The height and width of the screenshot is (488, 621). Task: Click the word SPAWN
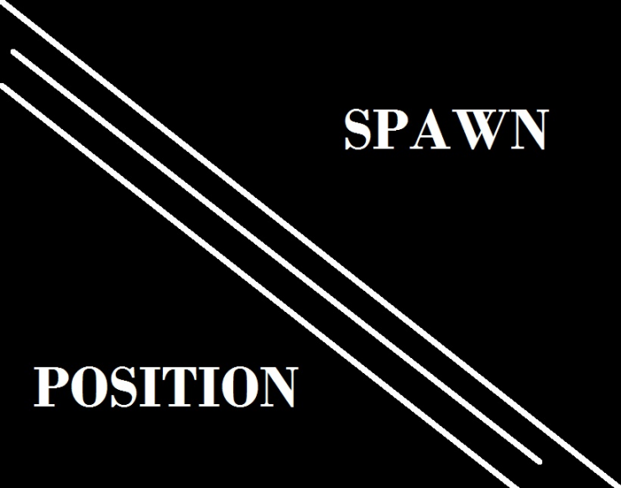(446, 130)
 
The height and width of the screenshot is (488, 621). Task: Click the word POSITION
(165, 387)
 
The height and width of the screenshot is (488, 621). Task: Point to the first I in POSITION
(145, 387)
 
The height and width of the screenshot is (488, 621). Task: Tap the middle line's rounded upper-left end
(15, 55)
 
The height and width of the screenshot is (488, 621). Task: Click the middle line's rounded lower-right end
(538, 459)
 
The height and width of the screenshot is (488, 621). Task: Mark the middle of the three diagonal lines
(277, 257)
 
